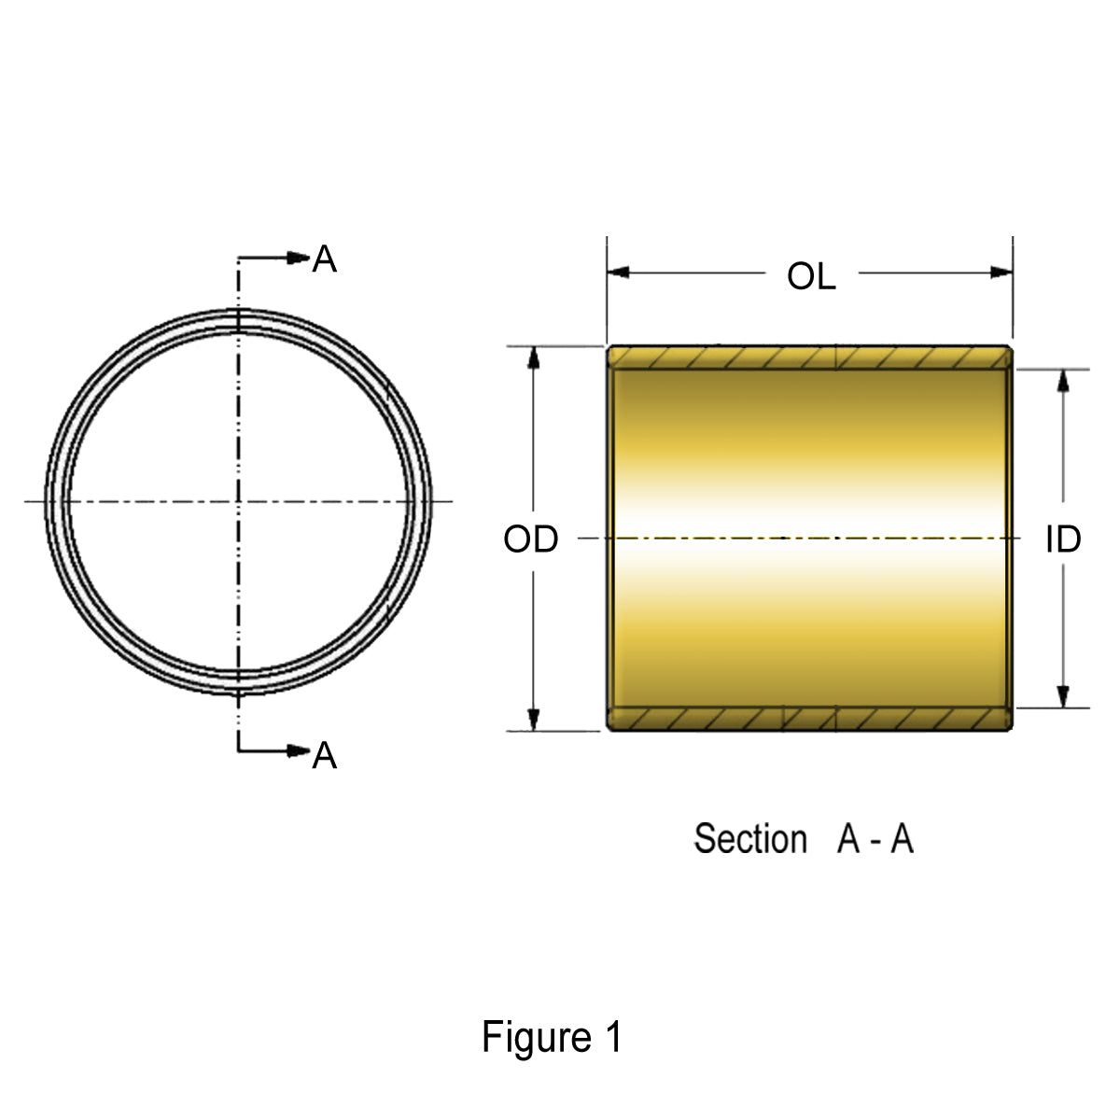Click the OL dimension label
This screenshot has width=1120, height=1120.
tap(811, 276)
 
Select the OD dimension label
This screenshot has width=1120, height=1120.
tap(530, 539)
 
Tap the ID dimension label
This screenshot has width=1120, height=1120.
tap(1062, 539)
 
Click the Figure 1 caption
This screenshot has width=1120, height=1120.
tap(551, 1037)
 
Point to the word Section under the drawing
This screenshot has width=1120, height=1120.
tap(749, 839)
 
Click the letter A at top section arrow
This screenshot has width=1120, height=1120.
tap(324, 259)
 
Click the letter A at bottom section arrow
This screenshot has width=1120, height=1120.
tap(324, 755)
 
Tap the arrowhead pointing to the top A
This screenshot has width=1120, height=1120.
tap(299, 258)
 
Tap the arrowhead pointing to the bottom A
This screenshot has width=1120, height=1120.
tap(299, 750)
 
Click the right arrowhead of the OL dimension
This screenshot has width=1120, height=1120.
tap(1001, 273)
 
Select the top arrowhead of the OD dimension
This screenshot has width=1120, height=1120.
tap(534, 358)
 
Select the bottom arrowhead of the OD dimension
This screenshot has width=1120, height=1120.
tap(534, 719)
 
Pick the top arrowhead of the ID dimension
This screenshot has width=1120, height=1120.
tap(1062, 381)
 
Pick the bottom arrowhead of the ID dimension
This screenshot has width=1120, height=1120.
tap(1062, 696)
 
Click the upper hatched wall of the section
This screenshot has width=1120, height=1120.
tap(809, 357)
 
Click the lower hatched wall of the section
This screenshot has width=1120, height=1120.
tap(809, 719)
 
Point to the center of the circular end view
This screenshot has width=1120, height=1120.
tap(239, 502)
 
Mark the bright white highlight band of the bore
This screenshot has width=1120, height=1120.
tap(809, 539)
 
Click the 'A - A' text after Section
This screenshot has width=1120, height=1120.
tap(875, 839)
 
